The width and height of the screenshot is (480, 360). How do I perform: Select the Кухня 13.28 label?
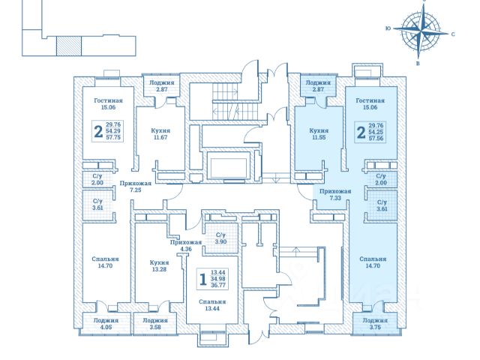(158, 266)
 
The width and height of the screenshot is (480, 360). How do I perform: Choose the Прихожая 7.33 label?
(331, 195)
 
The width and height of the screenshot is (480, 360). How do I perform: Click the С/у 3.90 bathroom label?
(220, 238)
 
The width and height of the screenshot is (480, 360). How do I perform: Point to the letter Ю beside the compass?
(386, 28)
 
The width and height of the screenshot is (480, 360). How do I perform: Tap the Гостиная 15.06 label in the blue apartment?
(370, 103)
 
